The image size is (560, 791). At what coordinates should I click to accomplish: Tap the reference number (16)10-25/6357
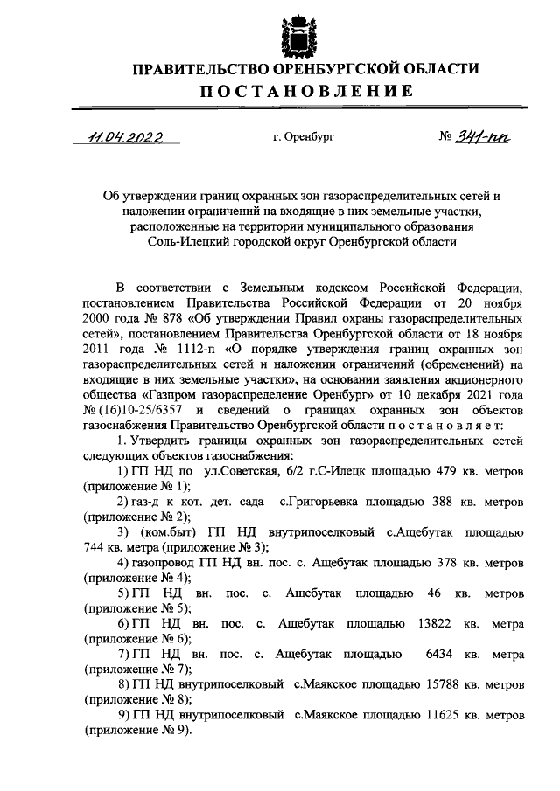point(138,410)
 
